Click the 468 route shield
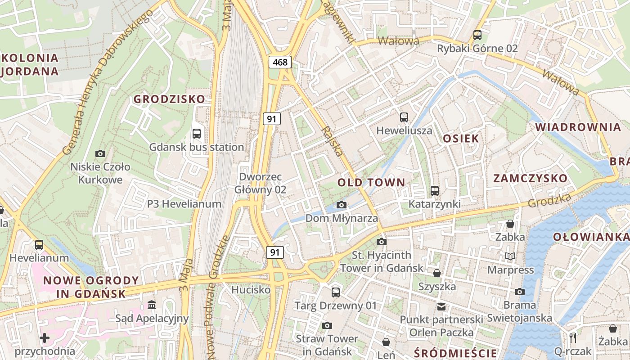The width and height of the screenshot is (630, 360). click(280, 62)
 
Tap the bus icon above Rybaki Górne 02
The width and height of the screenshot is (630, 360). click(477, 35)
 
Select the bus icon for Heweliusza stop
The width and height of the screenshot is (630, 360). click(404, 117)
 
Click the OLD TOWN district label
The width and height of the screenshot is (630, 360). click(371, 182)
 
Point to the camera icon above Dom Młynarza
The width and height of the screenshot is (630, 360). click(342, 205)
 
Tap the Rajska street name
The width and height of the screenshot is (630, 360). click(333, 141)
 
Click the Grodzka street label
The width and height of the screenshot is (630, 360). click(549, 201)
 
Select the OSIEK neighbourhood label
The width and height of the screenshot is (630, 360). click(461, 139)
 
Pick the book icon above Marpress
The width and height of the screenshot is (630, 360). click(510, 256)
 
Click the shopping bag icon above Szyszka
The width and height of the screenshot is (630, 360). click(436, 273)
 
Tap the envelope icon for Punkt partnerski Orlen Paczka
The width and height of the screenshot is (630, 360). click(441, 307)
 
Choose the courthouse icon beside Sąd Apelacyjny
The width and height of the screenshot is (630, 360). click(152, 306)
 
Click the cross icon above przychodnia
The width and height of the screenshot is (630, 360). click(45, 337)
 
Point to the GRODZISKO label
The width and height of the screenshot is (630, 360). click(169, 99)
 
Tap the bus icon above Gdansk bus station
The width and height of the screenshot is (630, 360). click(197, 133)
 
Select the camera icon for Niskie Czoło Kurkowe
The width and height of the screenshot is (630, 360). click(100, 154)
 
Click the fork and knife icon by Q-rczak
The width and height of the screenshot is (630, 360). click(573, 337)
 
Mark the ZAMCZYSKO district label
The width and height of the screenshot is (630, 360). click(530, 178)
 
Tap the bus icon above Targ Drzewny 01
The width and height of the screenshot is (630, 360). click(336, 292)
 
